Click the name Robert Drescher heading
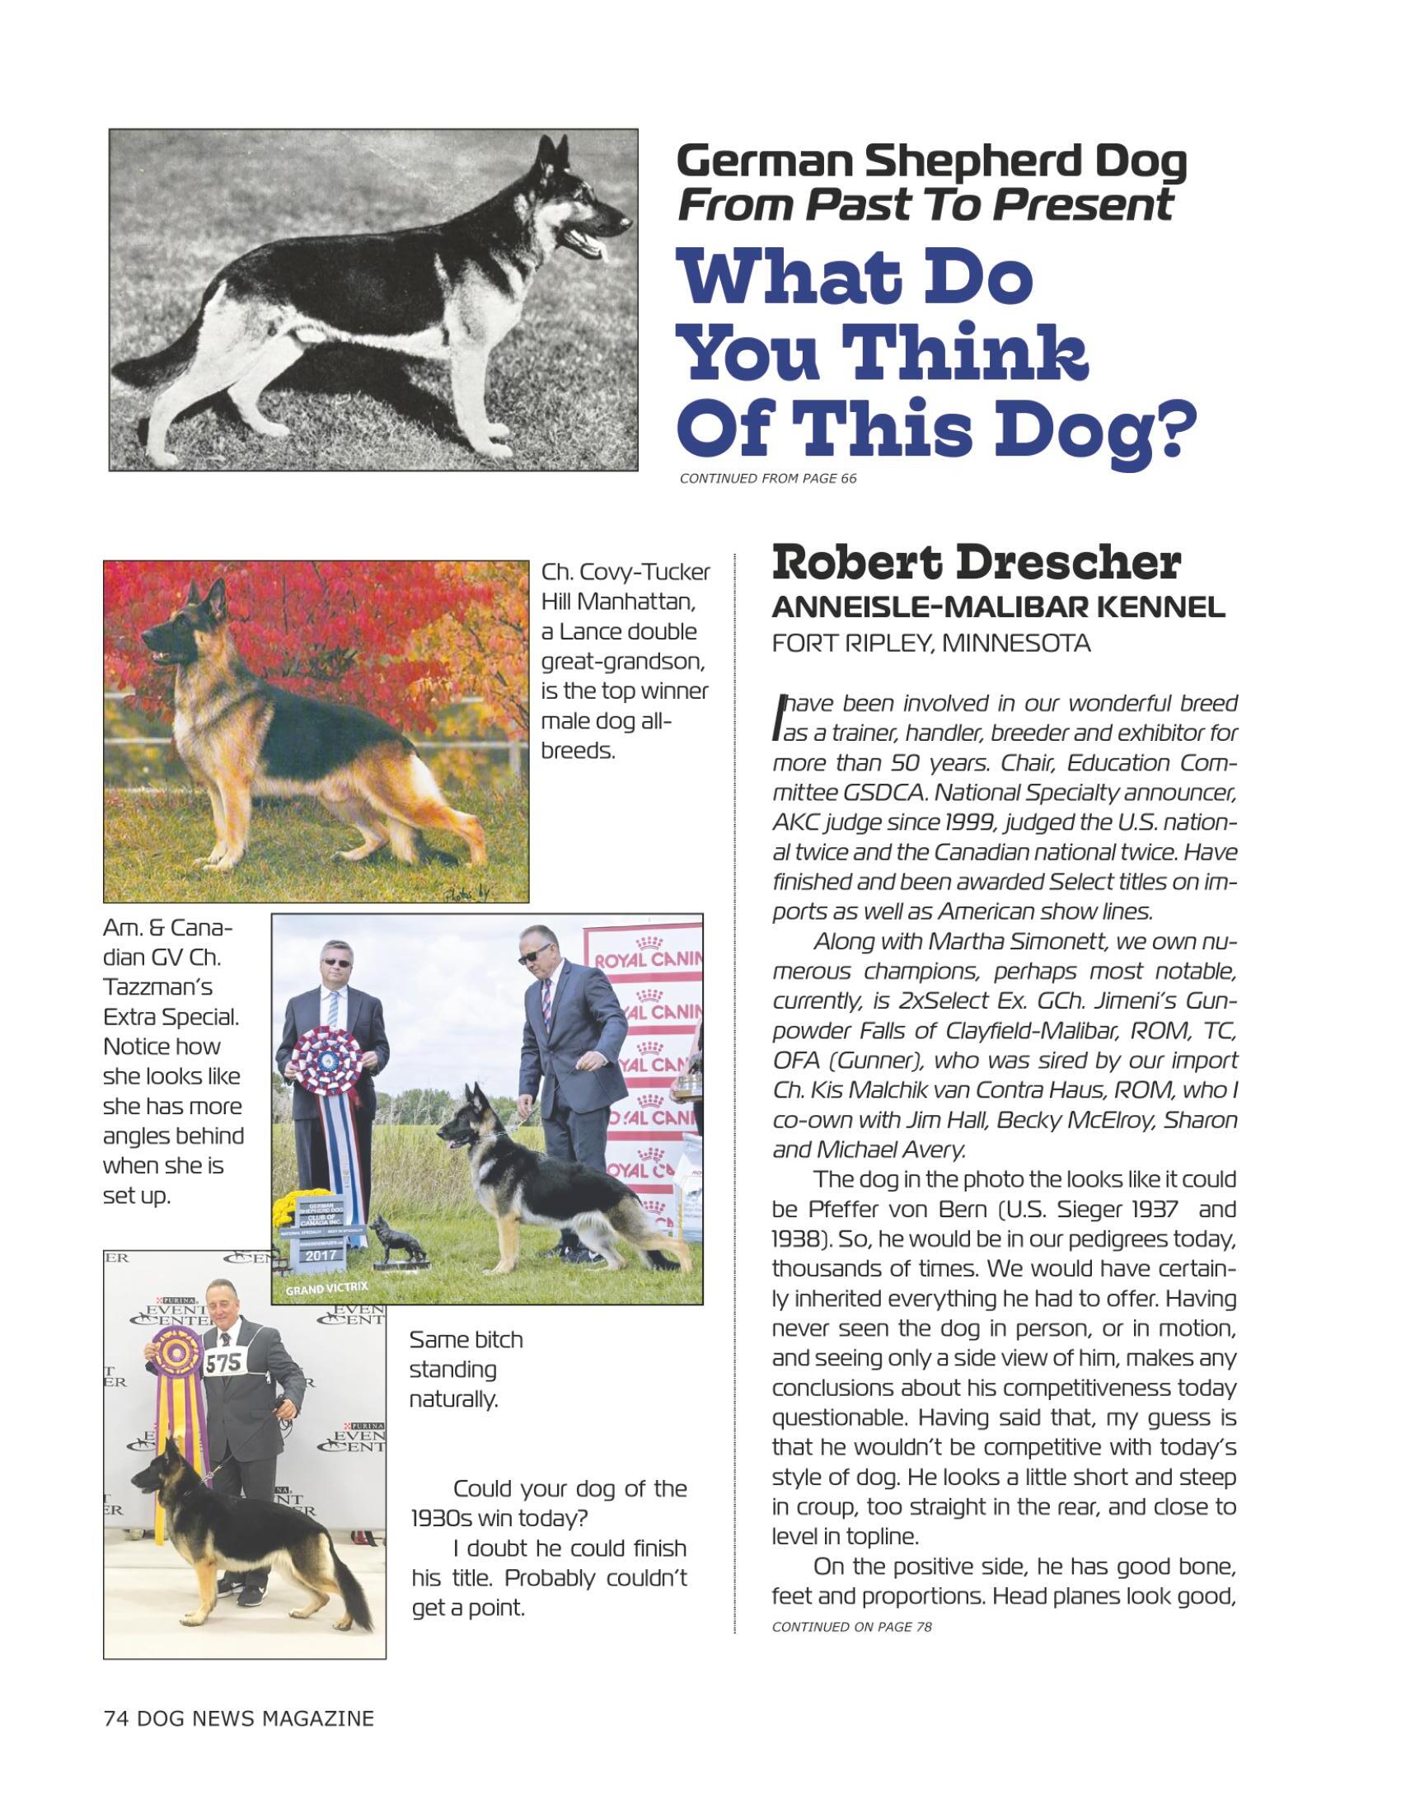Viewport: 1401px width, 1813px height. [975, 565]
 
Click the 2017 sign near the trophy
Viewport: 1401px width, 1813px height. [321, 1254]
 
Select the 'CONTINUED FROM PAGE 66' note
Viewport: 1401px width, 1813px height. [768, 478]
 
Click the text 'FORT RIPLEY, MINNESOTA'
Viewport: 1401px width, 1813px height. [930, 644]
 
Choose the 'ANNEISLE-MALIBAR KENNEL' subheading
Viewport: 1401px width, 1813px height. [998, 607]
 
